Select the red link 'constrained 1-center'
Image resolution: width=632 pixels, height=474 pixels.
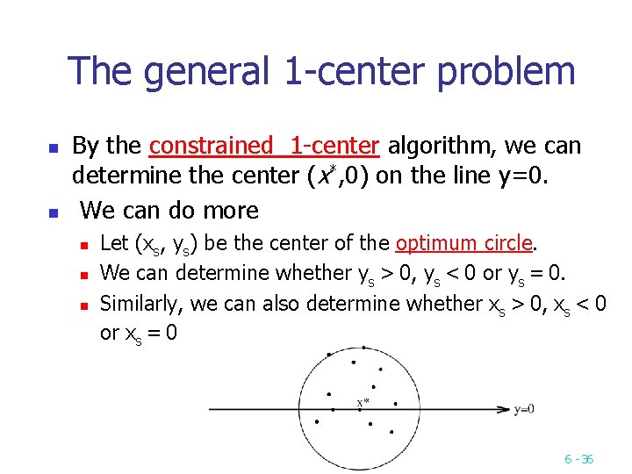tap(264, 145)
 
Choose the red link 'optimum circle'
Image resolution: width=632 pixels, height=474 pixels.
tap(464, 242)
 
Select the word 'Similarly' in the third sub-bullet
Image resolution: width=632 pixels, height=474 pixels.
tap(137, 304)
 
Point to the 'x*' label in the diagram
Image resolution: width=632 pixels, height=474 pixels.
tap(363, 403)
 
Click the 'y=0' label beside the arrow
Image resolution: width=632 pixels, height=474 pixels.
tap(524, 408)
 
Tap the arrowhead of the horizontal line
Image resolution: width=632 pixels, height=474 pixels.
tap(504, 408)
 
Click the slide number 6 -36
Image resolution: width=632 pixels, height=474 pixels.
tap(578, 458)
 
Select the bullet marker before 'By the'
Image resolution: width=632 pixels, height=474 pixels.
tap(54, 147)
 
